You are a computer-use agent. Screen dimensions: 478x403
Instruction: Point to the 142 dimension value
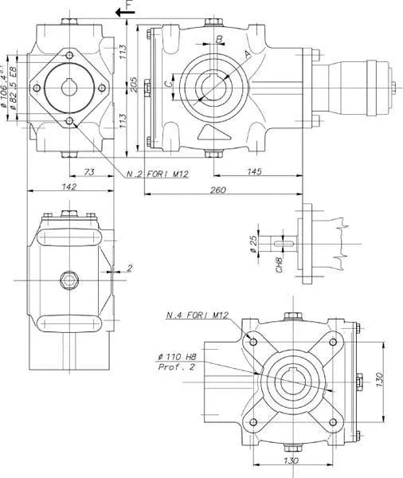click(68, 186)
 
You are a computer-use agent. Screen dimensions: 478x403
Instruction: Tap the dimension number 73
click(89, 172)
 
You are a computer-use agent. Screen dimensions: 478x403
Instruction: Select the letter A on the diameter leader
click(248, 54)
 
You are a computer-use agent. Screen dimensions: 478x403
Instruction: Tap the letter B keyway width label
click(219, 38)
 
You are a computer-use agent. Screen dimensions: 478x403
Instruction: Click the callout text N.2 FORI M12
click(156, 174)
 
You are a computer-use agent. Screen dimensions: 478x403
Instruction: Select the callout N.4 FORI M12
click(198, 315)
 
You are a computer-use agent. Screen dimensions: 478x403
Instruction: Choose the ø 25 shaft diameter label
click(253, 243)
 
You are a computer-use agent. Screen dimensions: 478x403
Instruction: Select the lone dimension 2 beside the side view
click(131, 268)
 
